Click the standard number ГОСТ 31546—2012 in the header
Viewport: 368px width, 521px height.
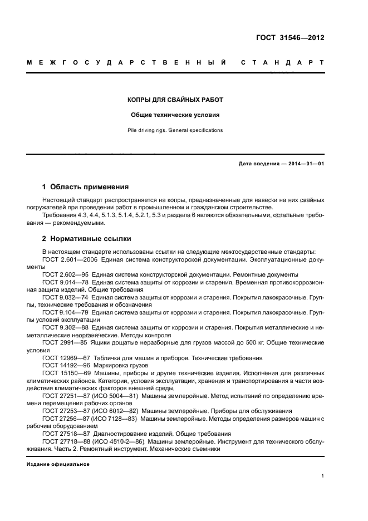[x=290, y=38]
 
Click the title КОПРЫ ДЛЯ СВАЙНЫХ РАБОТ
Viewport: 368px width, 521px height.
[x=175, y=100]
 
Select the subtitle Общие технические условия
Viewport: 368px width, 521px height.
[x=175, y=115]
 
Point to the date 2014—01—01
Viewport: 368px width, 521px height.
[x=305, y=164]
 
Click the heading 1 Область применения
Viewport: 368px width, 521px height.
[x=86, y=187]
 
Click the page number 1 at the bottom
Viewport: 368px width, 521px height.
[x=323, y=476]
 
